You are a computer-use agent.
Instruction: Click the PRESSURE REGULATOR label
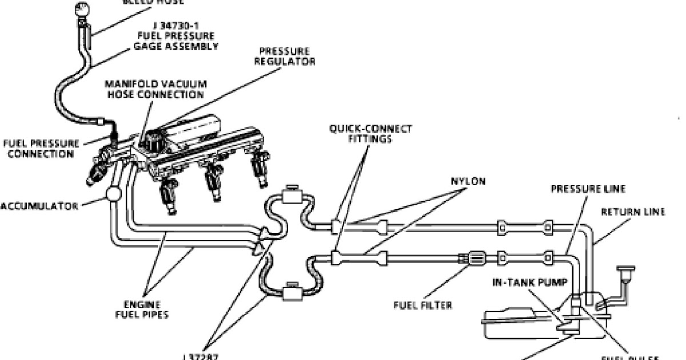click(284, 55)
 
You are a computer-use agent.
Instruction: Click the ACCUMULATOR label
click(39, 206)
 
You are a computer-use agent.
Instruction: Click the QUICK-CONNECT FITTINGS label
click(370, 134)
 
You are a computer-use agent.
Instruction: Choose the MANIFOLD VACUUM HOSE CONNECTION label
click(155, 89)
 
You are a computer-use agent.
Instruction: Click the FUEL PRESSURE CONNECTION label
click(41, 149)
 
